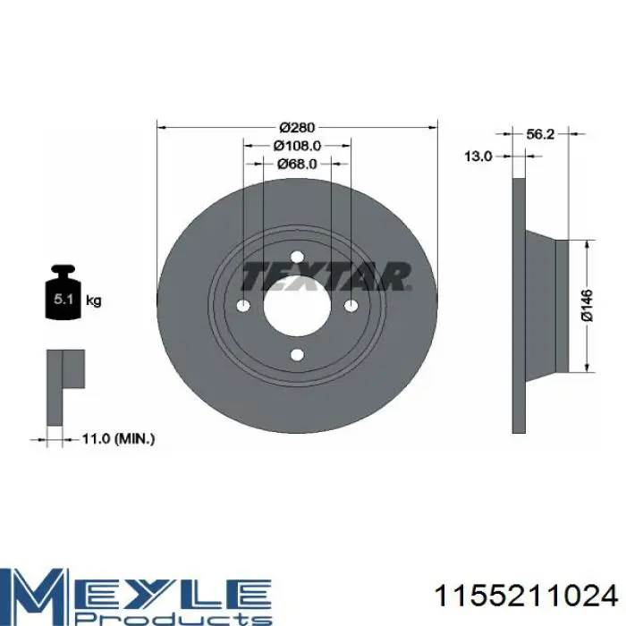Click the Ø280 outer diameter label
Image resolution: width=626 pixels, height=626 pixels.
point(297,127)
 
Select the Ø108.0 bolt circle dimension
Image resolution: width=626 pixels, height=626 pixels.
point(297,146)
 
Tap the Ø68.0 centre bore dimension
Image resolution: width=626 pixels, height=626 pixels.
point(297,164)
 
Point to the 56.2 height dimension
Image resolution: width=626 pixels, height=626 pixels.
point(540,134)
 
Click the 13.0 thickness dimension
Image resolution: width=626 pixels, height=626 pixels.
point(478,156)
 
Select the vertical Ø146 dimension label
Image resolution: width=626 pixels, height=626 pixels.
point(587,306)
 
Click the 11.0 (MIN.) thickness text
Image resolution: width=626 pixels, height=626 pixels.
point(118,439)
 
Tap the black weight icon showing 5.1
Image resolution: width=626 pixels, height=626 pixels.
point(63,292)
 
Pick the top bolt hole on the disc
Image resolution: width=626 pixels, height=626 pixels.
point(297,257)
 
